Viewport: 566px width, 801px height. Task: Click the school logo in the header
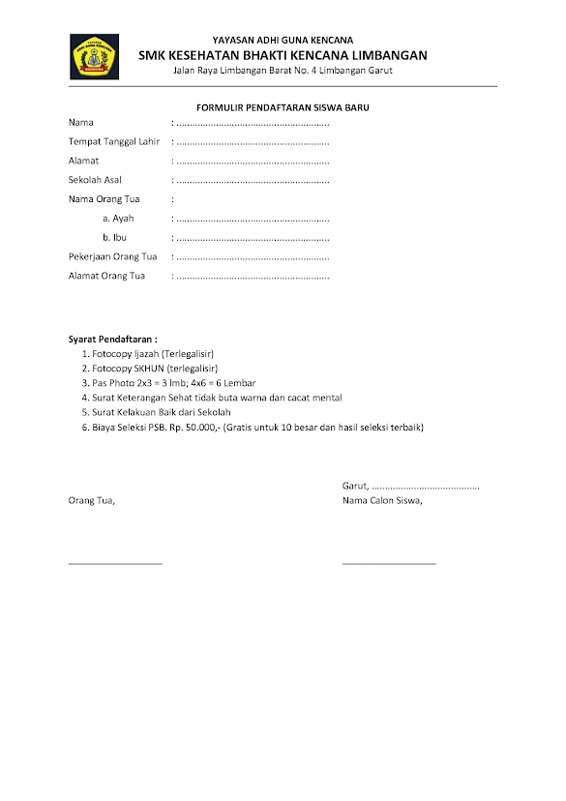point(93,56)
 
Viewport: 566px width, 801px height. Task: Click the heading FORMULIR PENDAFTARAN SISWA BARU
point(283,108)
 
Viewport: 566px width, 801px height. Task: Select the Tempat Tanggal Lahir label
point(113,142)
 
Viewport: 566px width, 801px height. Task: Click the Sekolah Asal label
point(95,180)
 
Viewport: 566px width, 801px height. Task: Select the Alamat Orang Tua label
point(106,276)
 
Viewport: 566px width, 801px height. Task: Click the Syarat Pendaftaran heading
point(112,340)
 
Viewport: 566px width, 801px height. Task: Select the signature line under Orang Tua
point(115,562)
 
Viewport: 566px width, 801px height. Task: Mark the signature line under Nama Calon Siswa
point(389,562)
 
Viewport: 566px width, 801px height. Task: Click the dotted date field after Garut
point(426,486)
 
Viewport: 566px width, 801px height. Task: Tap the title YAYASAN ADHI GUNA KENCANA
point(283,41)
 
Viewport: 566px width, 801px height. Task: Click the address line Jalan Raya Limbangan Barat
point(283,71)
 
